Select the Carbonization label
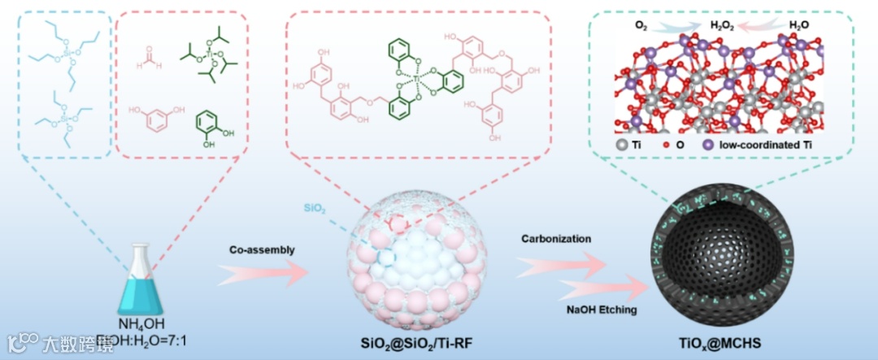[x=556, y=239]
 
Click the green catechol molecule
[x=208, y=127]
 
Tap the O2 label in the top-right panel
[x=641, y=24]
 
